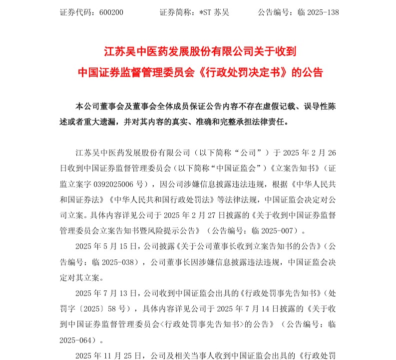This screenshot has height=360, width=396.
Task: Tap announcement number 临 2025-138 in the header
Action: coord(318,12)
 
